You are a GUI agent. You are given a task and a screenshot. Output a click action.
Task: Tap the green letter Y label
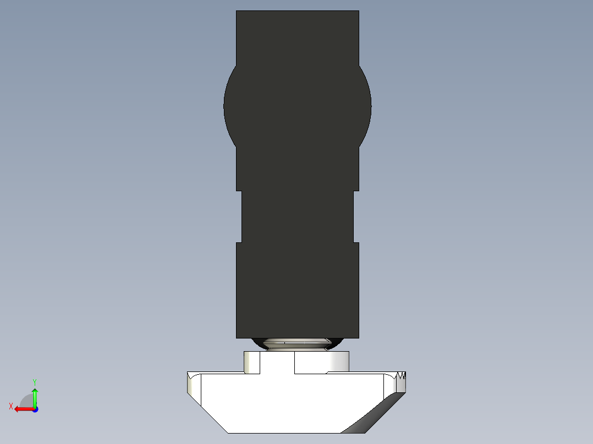point(35,381)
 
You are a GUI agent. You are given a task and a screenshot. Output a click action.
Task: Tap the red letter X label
point(10,406)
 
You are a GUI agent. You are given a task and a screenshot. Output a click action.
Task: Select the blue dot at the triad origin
point(35,409)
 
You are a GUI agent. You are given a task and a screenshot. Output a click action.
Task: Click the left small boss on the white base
point(252,363)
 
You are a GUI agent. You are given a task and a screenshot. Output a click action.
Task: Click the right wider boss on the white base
point(322,362)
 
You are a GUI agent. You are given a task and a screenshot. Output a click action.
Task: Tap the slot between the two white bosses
point(277,364)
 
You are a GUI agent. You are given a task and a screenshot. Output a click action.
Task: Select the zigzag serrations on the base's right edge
point(402,376)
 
